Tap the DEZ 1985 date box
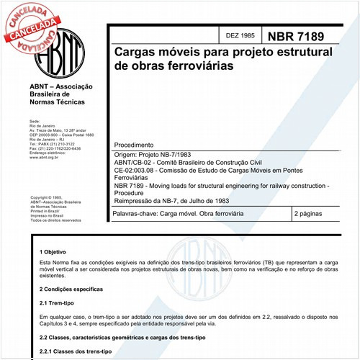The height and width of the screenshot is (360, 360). coord(240,35)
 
